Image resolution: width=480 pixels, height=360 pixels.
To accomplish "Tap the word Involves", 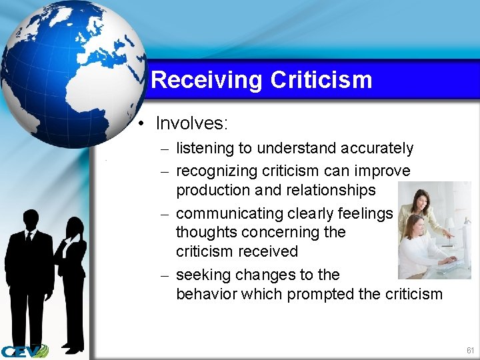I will [191, 123].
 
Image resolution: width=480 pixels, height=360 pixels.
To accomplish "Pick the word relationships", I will [331, 190].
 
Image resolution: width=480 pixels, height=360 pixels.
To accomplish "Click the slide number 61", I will [470, 350].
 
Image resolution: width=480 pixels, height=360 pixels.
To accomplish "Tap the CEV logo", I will [24, 351].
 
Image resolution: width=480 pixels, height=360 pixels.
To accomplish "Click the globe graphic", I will [73, 73].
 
